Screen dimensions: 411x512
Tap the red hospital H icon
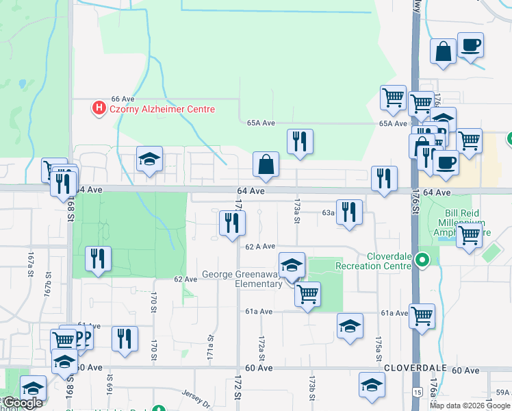[99, 108]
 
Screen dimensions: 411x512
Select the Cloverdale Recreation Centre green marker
[422, 260]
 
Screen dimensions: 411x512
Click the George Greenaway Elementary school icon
[292, 264]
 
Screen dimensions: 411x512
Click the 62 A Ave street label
[260, 246]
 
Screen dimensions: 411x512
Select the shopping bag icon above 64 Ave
[266, 164]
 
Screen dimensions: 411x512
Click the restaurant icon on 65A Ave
[300, 141]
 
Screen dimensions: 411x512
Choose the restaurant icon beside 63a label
[350, 212]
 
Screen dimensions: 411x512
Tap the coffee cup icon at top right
[470, 46]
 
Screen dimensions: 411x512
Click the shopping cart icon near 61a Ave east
[422, 316]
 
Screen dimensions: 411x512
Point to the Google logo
[23, 403]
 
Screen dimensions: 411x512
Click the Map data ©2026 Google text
[470, 406]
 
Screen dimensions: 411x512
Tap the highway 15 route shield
[417, 391]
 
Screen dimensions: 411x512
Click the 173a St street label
[297, 205]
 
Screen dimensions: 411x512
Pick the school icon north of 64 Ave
[149, 160]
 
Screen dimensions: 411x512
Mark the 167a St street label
[31, 263]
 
